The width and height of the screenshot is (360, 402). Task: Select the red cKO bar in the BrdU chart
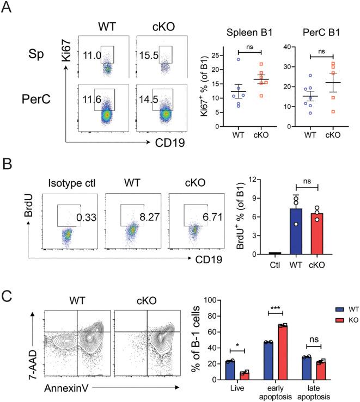pyautogui.click(x=316, y=233)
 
